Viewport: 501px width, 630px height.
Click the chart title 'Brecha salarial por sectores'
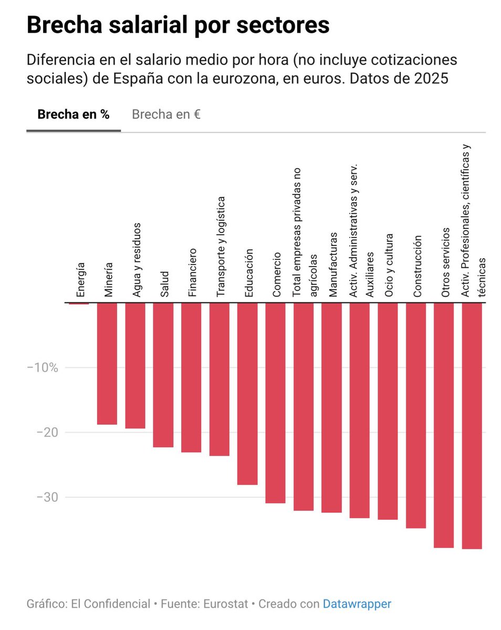click(178, 25)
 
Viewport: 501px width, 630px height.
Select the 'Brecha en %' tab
click(74, 114)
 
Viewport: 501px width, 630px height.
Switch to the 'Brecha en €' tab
click(166, 114)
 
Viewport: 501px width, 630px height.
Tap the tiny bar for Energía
click(79, 303)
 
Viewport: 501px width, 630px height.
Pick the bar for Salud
click(163, 375)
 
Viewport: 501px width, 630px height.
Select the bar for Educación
click(247, 394)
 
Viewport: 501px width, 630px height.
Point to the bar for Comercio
click(275, 403)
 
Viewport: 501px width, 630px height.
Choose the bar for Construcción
click(416, 415)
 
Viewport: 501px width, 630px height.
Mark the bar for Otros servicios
click(444, 425)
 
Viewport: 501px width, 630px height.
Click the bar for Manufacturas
click(331, 407)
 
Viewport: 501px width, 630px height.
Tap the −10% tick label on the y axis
click(42, 367)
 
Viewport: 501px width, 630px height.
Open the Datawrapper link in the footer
click(357, 604)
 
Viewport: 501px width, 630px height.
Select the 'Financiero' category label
click(192, 272)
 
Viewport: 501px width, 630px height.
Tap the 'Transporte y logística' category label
click(221, 247)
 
